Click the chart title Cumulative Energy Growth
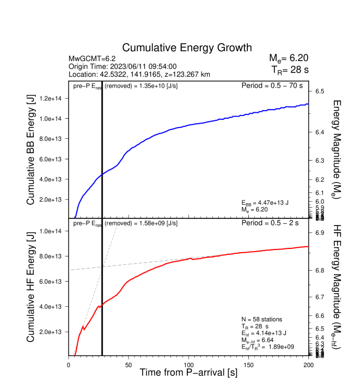[187, 47]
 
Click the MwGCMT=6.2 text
[92, 58]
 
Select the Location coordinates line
[139, 74]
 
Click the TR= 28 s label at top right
[290, 70]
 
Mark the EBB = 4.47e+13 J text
[265, 203]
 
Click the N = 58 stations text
[261, 319]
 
